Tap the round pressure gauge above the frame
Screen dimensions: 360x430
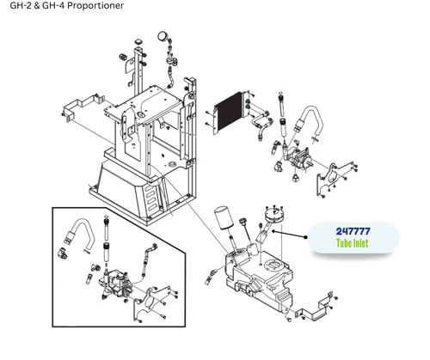(x=162, y=37)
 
